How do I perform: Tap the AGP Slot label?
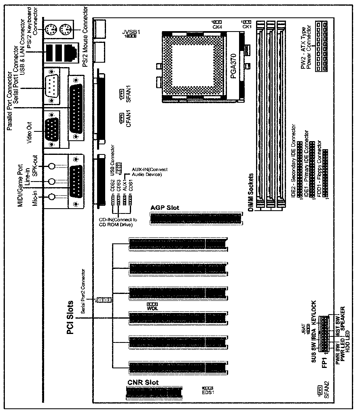165,208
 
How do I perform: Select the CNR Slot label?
143,382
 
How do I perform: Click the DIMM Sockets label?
251,193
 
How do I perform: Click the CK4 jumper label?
217,27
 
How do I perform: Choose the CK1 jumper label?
246,27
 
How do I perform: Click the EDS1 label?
208,392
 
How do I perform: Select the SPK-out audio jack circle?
51,166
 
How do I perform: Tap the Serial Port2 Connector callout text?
84,288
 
